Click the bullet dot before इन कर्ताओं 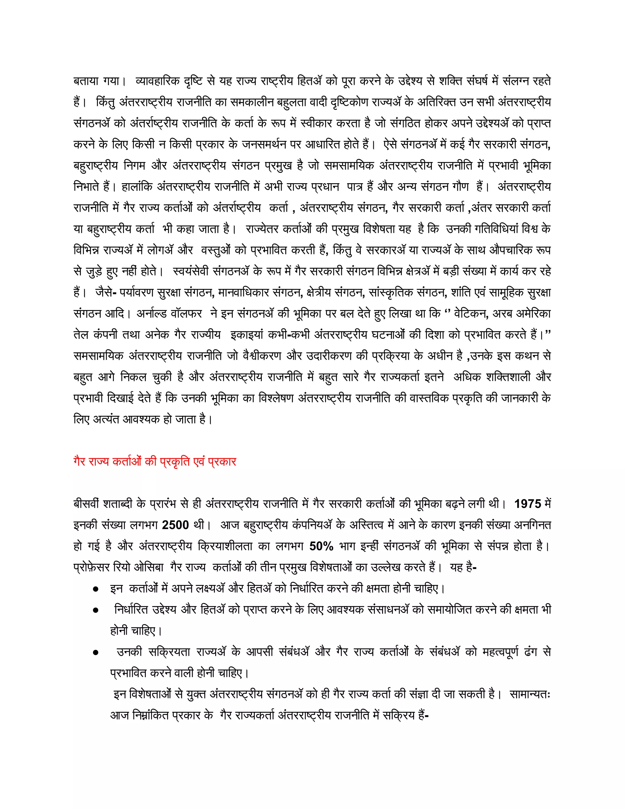96,589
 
